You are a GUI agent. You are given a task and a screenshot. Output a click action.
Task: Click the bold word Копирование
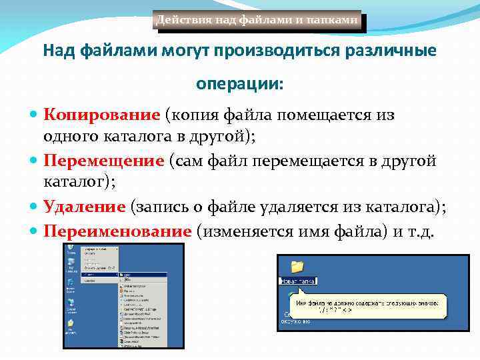[x=101, y=115]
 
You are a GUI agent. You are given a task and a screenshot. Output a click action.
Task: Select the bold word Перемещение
[x=103, y=161]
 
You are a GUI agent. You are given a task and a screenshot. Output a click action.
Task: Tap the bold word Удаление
[x=84, y=207]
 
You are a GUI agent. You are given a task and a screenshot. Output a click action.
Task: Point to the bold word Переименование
[x=117, y=231]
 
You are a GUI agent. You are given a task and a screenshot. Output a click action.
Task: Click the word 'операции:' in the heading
[x=239, y=85]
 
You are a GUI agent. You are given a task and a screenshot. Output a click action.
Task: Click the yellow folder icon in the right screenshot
[x=297, y=267]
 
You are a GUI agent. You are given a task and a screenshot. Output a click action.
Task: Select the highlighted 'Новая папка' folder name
[x=297, y=281]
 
